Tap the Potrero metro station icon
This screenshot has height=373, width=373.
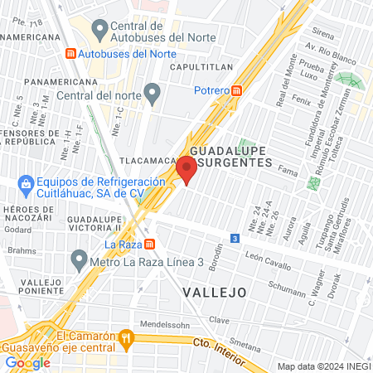[238, 90]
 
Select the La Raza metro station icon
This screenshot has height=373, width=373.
[149, 244]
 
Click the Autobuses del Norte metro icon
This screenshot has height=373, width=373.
[70, 53]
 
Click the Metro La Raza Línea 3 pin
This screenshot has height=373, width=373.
[79, 260]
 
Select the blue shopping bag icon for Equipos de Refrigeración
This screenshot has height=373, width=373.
[26, 182]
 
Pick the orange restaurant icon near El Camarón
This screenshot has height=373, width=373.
[126, 337]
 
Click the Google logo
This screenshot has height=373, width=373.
[27, 362]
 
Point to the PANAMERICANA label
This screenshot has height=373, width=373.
[56, 83]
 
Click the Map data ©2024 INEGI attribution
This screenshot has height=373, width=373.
[322, 366]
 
